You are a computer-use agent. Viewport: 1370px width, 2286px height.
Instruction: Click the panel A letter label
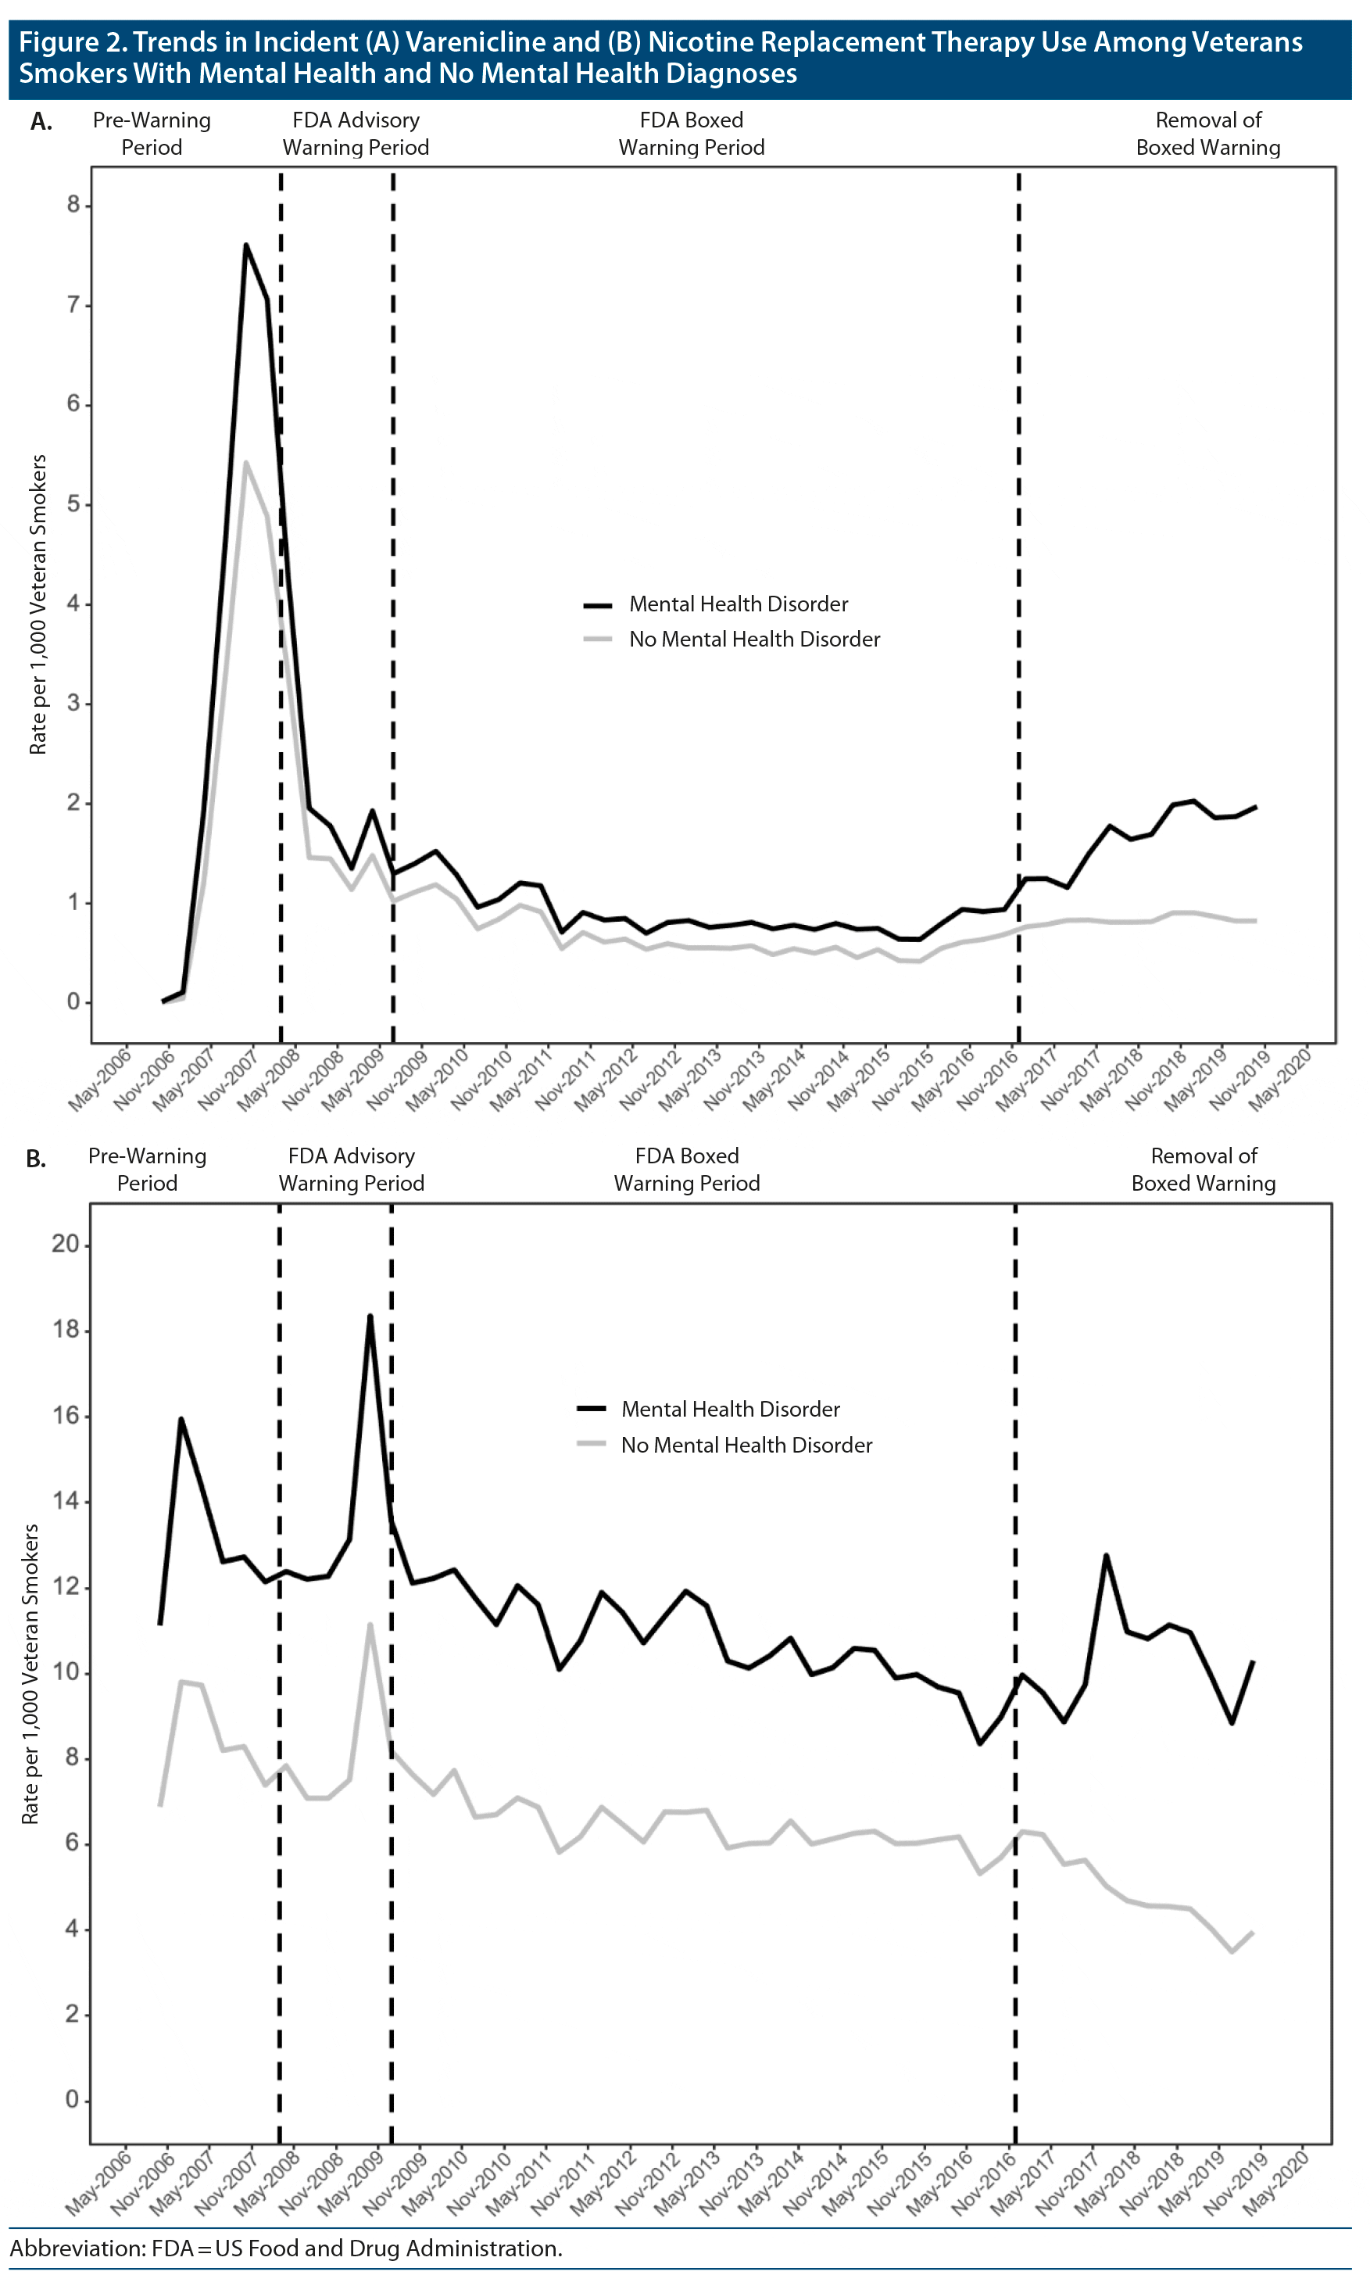[41, 122]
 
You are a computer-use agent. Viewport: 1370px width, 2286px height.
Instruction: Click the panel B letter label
[36, 1159]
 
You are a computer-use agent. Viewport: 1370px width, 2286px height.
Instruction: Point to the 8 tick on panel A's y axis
[74, 205]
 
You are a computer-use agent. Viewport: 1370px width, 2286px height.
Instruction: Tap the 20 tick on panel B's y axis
[66, 1244]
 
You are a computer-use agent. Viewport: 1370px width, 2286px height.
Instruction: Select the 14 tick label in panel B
[66, 1500]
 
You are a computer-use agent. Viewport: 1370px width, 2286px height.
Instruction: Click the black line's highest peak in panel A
[245, 245]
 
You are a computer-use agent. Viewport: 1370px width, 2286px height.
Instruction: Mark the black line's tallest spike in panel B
[370, 1316]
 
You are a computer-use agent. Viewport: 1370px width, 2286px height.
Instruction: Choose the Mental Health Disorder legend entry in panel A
[738, 604]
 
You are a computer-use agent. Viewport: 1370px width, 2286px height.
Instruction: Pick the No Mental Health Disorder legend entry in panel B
[746, 1445]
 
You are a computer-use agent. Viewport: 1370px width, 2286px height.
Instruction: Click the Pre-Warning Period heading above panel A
[152, 134]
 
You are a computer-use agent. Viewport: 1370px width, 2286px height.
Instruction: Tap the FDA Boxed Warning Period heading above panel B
[687, 1170]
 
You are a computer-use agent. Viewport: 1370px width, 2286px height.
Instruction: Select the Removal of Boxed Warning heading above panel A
[1207, 134]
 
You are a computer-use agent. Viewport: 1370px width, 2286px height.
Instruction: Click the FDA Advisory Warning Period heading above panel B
[352, 1170]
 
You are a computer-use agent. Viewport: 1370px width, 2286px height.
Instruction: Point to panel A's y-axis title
[38, 605]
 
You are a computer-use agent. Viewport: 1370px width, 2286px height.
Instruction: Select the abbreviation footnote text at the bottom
[286, 2248]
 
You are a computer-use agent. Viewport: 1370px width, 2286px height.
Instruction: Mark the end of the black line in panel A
[1256, 806]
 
